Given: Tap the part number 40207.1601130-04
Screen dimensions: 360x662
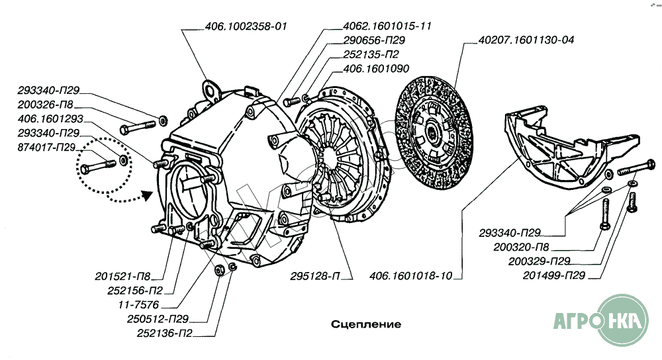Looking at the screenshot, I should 525,40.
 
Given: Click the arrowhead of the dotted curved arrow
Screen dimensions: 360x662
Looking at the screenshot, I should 147,193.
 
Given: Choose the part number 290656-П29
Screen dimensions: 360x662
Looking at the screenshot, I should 374,40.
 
